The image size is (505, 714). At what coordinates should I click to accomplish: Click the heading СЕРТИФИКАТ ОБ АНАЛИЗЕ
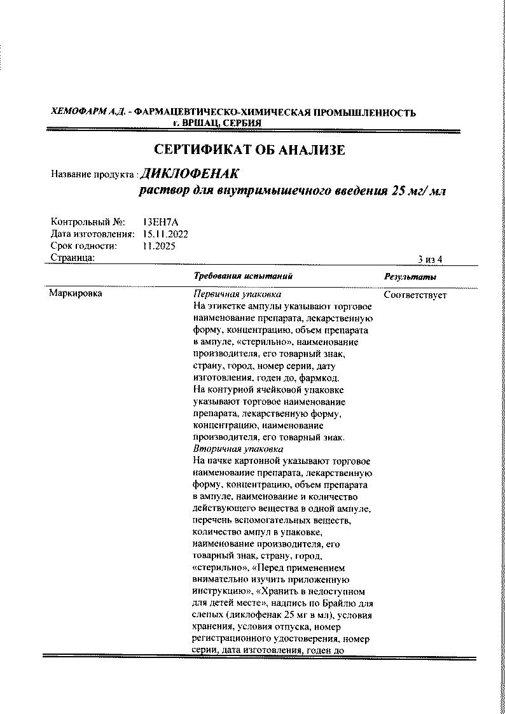[249, 150]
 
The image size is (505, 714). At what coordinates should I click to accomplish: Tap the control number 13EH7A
[156, 223]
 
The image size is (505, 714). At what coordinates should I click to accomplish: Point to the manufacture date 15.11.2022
[165, 234]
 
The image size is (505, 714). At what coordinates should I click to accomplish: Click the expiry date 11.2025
[159, 246]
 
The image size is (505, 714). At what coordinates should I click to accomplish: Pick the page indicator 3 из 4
[430, 259]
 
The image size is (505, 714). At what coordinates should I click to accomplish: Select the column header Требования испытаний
[243, 277]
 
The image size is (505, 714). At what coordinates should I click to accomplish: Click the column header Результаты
[410, 277]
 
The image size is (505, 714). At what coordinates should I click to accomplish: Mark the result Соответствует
[415, 295]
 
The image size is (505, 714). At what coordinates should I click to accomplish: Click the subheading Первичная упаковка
[237, 295]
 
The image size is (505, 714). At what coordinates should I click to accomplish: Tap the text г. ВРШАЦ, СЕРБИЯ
[217, 123]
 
